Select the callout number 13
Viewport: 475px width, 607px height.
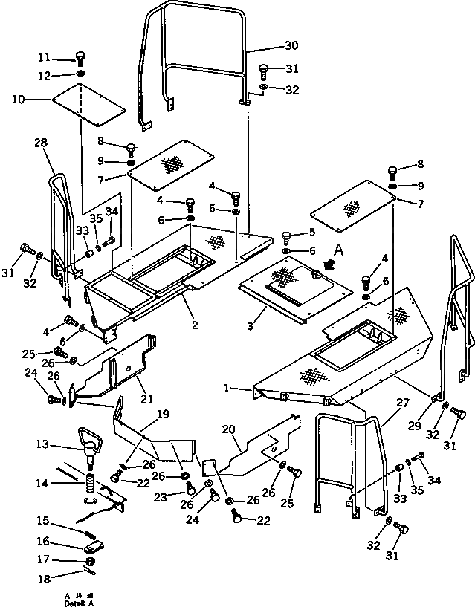(42, 444)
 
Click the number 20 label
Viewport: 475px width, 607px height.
(227, 429)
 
